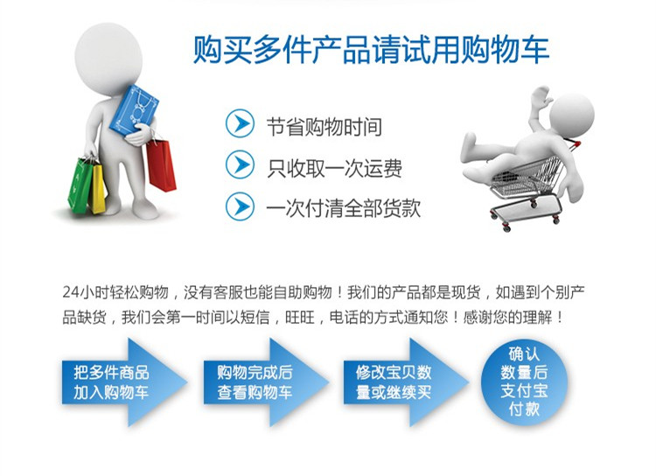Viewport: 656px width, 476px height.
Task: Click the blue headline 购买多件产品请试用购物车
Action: tap(371, 50)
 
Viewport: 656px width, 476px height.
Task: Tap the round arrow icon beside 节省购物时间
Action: tap(240, 123)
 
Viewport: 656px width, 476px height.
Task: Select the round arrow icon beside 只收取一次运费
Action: tap(240, 164)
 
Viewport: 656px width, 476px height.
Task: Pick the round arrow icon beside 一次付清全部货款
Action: tap(240, 206)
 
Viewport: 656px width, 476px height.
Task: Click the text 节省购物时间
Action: tap(325, 127)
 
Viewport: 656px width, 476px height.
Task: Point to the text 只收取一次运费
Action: tap(335, 168)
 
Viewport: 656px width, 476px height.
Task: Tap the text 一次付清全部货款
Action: tap(344, 208)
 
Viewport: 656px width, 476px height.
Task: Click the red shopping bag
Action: tap(161, 165)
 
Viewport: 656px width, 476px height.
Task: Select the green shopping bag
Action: tap(80, 185)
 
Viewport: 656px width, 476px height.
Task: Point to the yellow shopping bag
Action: tap(98, 188)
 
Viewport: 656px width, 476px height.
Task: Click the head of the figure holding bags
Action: tap(108, 59)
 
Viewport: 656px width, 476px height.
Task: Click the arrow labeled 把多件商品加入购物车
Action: tap(125, 382)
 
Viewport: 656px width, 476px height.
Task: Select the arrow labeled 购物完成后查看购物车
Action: tap(266, 382)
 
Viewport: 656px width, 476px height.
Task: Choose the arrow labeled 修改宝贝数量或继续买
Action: tap(406, 382)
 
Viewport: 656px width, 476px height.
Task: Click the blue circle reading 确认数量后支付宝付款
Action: tap(524, 381)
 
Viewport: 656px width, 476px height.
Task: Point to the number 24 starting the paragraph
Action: tap(71, 291)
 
